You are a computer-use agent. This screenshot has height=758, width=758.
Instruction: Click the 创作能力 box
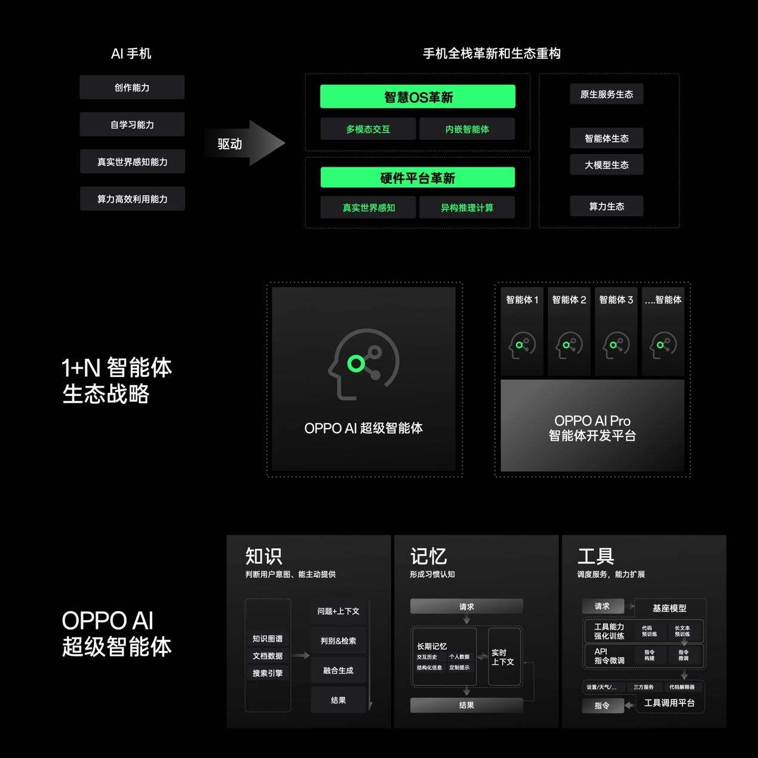(132, 87)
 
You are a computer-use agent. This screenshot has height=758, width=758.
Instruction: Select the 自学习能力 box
(132, 124)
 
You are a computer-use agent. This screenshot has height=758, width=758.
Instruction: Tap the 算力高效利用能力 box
(132, 199)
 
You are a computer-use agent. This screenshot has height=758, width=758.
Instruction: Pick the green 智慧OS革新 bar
(418, 97)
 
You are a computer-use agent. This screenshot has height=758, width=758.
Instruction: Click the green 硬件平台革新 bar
(418, 178)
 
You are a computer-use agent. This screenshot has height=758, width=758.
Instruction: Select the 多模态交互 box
(368, 129)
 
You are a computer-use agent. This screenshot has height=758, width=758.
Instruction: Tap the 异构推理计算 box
(467, 208)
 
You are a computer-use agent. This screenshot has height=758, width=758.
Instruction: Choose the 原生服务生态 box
(606, 94)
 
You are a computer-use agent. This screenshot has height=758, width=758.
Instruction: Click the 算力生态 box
(606, 207)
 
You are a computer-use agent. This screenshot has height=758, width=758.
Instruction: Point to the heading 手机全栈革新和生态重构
(492, 54)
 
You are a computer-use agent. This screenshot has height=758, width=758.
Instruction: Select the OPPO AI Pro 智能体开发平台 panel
(592, 426)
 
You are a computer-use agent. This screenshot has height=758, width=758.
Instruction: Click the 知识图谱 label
(268, 639)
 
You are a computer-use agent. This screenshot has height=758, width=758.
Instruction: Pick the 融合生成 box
(338, 671)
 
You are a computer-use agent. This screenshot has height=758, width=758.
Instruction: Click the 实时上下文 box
(503, 657)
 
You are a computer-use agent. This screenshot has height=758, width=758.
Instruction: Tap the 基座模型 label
(670, 608)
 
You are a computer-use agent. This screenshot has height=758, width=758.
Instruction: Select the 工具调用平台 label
(670, 703)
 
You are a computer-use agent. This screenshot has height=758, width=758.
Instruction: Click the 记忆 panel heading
(428, 556)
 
